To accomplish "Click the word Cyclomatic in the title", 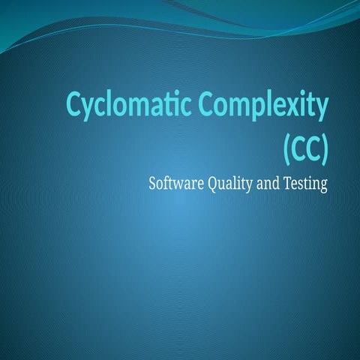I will coord(128,106).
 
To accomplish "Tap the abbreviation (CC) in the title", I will coord(305,146).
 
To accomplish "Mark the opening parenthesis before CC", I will coord(286,147).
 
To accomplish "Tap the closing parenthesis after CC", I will coord(324,147).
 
